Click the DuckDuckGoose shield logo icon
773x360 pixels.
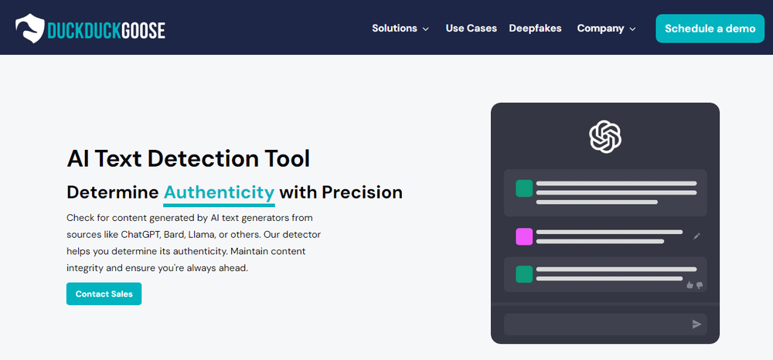click(30, 28)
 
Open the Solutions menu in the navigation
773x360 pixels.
click(400, 29)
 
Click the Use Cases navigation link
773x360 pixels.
click(472, 29)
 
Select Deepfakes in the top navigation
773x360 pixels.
click(535, 29)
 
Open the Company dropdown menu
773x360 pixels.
click(606, 29)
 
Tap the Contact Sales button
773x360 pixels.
click(104, 294)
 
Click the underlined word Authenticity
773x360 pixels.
click(219, 192)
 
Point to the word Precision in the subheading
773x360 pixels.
click(362, 192)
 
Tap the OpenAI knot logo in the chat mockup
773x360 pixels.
click(605, 137)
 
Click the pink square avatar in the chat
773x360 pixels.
click(524, 236)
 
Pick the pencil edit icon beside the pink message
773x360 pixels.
click(696, 236)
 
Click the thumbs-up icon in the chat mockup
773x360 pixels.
click(690, 285)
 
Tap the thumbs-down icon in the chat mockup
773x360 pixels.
click(699, 285)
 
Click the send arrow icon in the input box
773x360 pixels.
click(696, 324)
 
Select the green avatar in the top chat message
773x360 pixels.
click(524, 188)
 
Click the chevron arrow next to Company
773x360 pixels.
click(632, 29)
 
